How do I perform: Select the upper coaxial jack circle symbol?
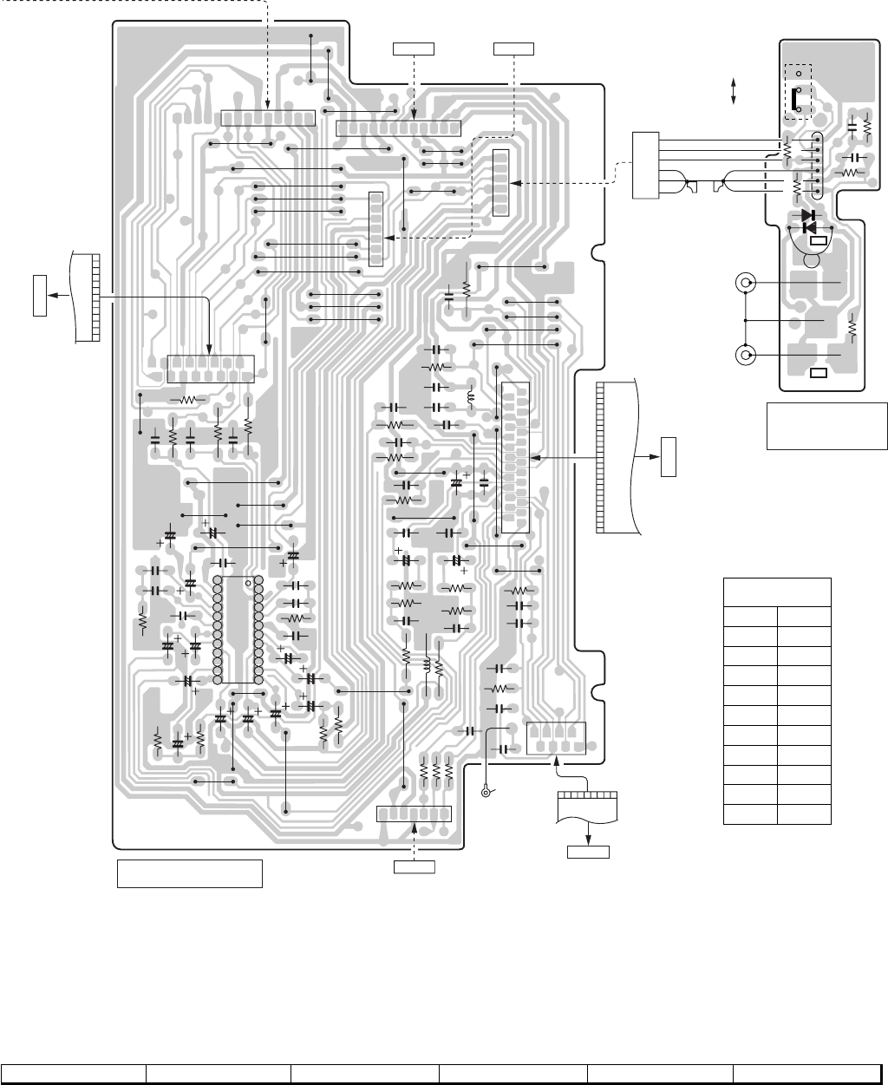[744, 283]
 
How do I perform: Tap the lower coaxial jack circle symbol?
[744, 355]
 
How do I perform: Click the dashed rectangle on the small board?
[798, 91]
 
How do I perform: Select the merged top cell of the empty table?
[777, 592]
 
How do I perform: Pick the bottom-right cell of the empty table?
[804, 814]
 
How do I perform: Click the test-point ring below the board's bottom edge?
[487, 792]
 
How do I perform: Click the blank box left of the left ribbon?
[39, 295]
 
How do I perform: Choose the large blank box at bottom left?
[190, 873]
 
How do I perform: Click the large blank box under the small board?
[820, 426]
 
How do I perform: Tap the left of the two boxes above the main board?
[413, 47]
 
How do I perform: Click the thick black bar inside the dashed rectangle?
[792, 101]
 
